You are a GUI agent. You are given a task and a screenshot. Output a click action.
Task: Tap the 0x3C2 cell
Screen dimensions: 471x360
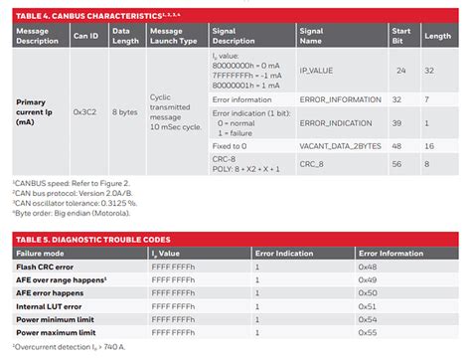point(83,112)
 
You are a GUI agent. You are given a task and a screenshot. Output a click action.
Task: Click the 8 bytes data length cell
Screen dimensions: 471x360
point(124,112)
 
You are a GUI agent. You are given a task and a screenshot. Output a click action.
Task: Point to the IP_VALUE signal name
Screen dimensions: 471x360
point(318,72)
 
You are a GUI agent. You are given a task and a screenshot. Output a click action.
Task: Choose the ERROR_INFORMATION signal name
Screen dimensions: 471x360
point(332,99)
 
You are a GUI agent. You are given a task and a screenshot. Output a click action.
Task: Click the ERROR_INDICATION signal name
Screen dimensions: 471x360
point(329,122)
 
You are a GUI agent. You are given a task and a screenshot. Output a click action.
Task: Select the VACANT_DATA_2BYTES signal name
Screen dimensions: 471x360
point(338,145)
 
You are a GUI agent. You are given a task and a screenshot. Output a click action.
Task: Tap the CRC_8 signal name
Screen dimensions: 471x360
point(313,163)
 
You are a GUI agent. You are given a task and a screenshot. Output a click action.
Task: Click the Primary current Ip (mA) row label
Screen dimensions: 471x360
point(39,112)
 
